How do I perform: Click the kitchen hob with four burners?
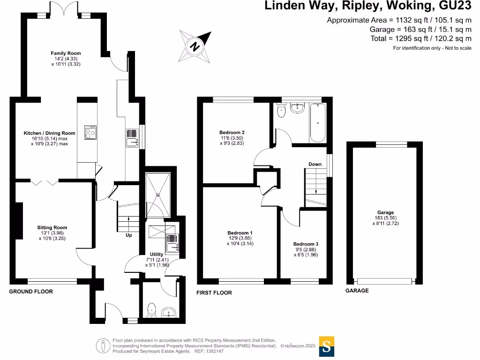90,133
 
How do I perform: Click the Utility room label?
157,254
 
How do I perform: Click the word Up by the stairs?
128,235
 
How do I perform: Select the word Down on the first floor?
315,164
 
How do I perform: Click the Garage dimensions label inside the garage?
386,218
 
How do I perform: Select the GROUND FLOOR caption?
31,292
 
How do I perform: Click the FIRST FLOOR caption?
214,292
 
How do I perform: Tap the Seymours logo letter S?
327,347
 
